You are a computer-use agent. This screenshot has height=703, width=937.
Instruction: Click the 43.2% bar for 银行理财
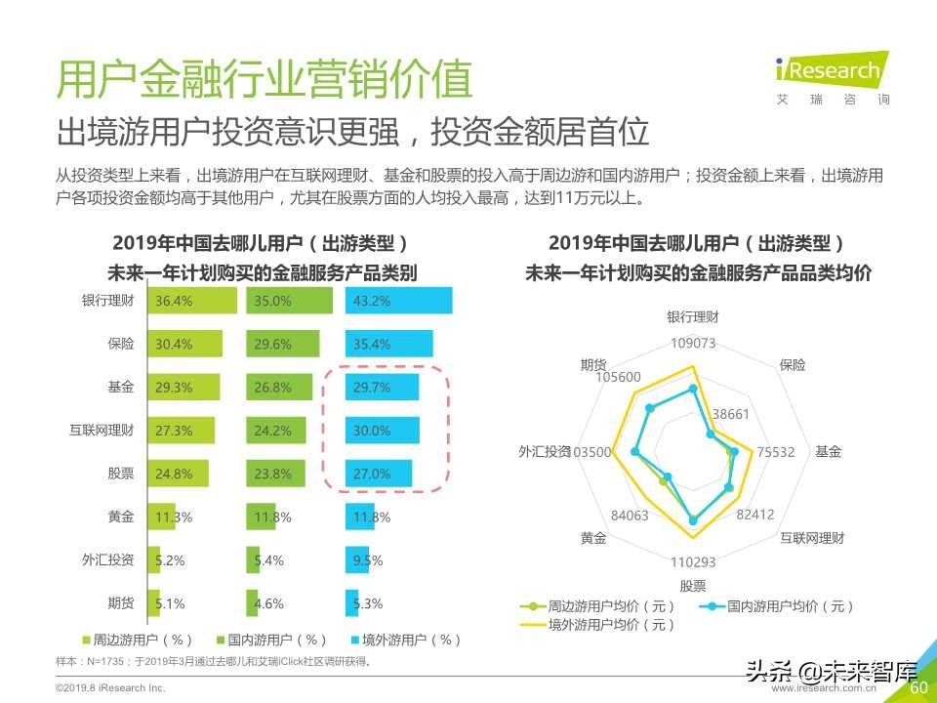point(398,301)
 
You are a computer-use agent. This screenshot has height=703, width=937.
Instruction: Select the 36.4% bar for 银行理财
point(191,301)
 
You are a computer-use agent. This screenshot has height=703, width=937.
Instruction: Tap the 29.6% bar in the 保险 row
point(282,344)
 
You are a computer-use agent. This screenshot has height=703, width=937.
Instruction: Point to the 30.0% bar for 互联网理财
point(382,431)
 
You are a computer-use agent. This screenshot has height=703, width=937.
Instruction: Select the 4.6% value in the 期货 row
point(268,603)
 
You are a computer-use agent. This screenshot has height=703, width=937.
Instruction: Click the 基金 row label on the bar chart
point(121,388)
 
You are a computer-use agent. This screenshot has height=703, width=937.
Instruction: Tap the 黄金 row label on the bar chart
point(121,517)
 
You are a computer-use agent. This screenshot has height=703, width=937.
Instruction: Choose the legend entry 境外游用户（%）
point(405,641)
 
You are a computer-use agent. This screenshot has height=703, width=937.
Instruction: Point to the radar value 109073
point(693,343)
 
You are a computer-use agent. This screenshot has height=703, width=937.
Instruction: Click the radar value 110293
point(693,561)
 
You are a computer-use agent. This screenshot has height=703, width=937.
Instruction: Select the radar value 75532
point(776,452)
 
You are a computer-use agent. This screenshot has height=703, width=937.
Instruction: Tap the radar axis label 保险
point(793,365)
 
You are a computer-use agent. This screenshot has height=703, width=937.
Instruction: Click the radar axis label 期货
point(593,365)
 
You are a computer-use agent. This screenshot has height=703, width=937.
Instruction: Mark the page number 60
point(918,688)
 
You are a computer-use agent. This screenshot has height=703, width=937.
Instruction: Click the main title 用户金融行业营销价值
point(265,79)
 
